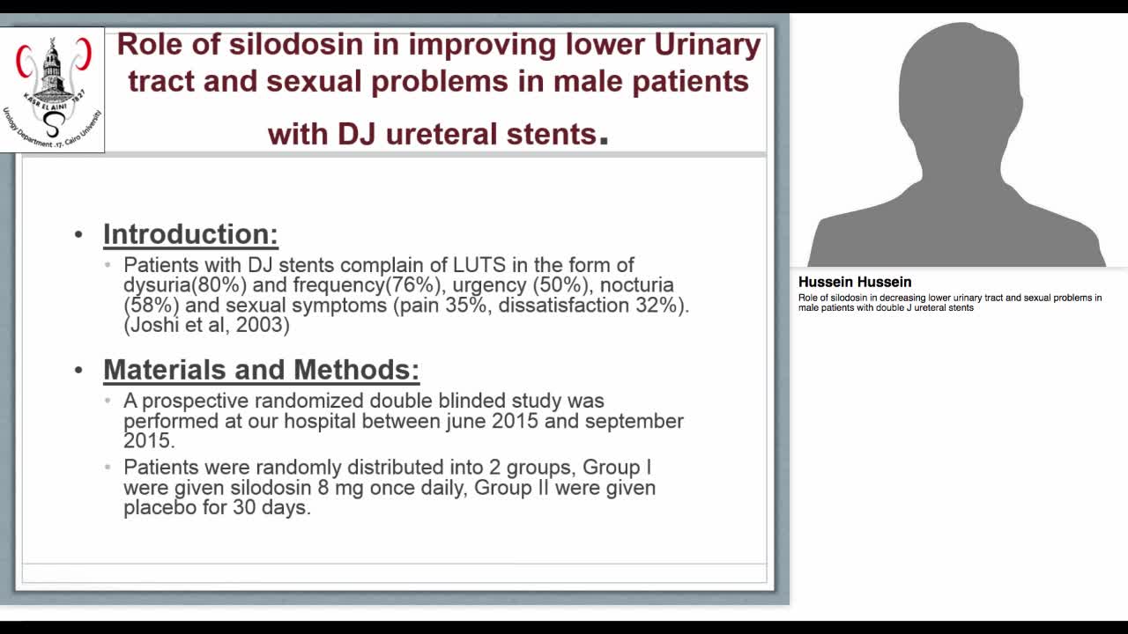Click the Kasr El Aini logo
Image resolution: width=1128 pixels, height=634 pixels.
(53, 90)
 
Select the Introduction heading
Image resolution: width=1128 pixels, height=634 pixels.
(190, 234)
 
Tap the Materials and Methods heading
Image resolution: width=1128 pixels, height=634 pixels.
(261, 370)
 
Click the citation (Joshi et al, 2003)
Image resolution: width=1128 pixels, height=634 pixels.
(206, 325)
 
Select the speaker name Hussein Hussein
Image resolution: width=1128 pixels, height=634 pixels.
(854, 283)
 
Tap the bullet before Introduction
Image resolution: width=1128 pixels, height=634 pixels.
(78, 235)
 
